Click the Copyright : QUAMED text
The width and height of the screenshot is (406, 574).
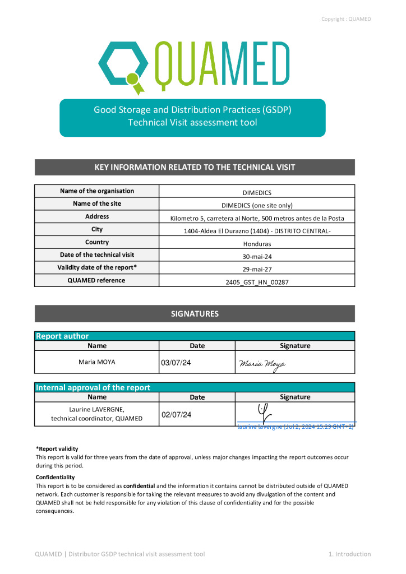pyautogui.click(x=346, y=19)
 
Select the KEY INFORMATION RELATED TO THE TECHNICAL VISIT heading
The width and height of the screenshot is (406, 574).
pyautogui.click(x=195, y=167)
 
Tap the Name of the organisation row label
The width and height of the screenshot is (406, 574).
pyautogui.click(x=97, y=191)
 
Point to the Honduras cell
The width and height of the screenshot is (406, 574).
pyautogui.click(x=257, y=244)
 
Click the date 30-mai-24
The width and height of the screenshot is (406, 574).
pyautogui.click(x=257, y=257)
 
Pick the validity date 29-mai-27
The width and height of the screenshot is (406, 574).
pyautogui.click(x=257, y=269)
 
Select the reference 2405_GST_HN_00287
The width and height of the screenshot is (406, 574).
pyautogui.click(x=257, y=282)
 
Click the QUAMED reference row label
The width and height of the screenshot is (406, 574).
pyautogui.click(x=97, y=280)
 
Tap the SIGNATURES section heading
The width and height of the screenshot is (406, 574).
pyautogui.click(x=195, y=314)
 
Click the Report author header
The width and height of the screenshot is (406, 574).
pyautogui.click(x=62, y=336)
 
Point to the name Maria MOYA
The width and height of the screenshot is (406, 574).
pyautogui.click(x=97, y=362)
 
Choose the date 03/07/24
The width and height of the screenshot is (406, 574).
pyautogui.click(x=176, y=363)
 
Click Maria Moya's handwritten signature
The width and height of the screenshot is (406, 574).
pyautogui.click(x=262, y=365)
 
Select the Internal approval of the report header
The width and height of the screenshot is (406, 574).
pyautogui.click(x=93, y=387)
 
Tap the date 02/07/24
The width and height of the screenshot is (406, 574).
pyautogui.click(x=176, y=415)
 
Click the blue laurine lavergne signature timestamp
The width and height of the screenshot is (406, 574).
pyautogui.click(x=296, y=427)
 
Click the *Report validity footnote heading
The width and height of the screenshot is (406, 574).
pyautogui.click(x=57, y=448)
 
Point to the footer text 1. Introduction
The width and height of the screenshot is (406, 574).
pyautogui.click(x=349, y=554)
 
